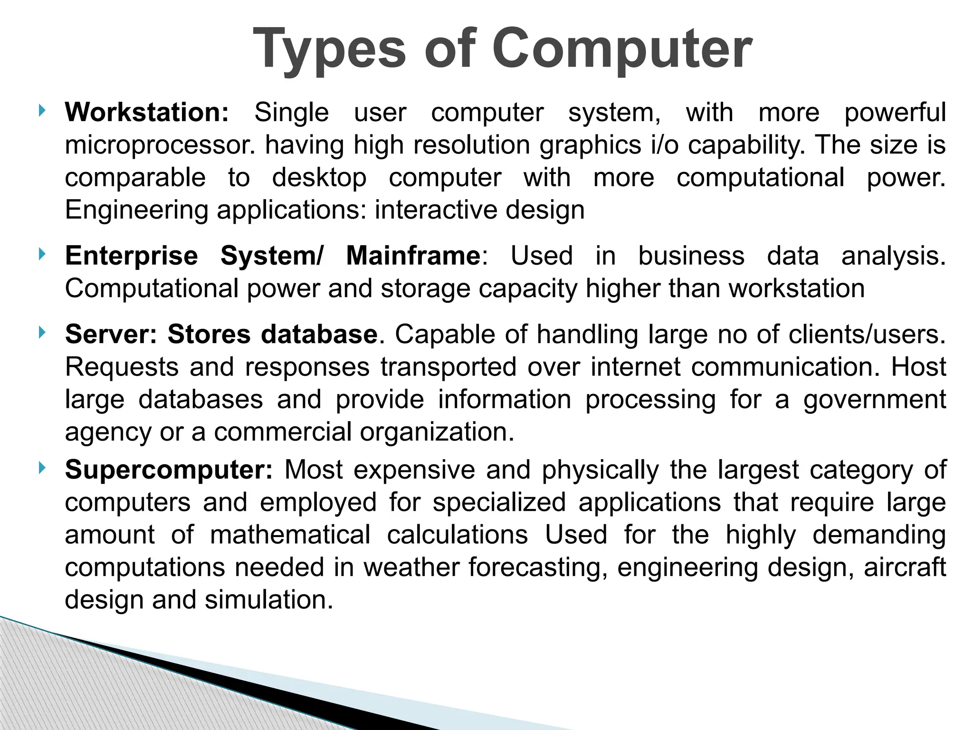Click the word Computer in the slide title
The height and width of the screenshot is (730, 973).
coord(622,49)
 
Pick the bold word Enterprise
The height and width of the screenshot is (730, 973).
coord(132,256)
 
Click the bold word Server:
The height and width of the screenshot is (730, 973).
coord(111,335)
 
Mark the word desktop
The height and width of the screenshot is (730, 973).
coord(319,178)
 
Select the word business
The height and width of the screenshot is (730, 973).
coord(691,256)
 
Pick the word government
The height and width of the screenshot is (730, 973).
coord(875,400)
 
